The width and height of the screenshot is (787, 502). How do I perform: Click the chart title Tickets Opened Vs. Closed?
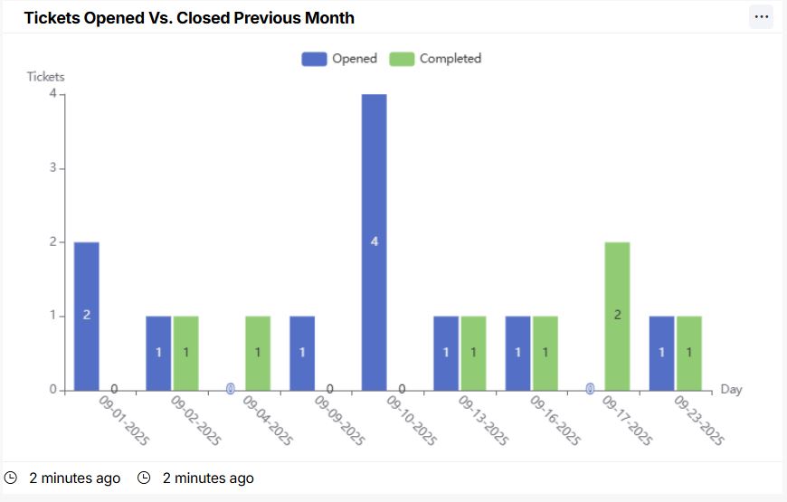point(189,18)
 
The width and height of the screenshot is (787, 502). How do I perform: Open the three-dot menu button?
point(761,17)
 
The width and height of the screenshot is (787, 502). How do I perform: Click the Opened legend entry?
point(339,59)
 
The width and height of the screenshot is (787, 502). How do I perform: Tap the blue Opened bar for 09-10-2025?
point(375,242)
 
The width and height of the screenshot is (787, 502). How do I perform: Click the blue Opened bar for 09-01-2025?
point(87,316)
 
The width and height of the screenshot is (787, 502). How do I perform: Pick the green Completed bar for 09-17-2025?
point(617,316)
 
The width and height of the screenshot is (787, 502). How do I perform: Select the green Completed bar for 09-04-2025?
point(258,353)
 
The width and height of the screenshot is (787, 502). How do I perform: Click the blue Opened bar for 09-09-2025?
point(302,353)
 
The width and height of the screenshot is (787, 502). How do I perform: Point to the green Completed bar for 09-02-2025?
point(185,353)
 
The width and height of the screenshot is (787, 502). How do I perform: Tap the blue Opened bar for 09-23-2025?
point(661,353)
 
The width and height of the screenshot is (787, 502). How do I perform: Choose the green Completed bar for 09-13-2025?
point(473,353)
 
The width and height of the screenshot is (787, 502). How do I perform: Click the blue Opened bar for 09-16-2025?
point(517,353)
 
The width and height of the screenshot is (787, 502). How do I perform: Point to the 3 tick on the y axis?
point(53,168)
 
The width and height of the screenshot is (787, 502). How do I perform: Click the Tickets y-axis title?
point(45,77)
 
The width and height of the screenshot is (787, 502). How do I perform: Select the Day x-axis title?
point(731,389)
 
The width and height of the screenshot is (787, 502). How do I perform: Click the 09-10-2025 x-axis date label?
point(412,420)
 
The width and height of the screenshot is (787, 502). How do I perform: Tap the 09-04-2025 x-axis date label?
point(268,420)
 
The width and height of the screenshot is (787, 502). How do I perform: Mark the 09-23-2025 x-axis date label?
point(699,420)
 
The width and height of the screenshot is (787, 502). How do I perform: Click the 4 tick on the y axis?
point(53,94)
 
